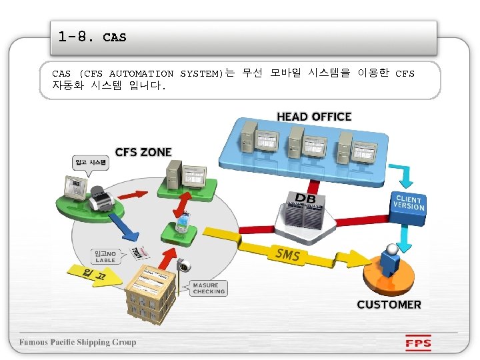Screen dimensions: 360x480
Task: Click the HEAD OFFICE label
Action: pyautogui.click(x=314, y=117)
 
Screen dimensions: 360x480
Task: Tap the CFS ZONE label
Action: pyautogui.click(x=143, y=152)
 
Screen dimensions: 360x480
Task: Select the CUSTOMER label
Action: pyautogui.click(x=389, y=305)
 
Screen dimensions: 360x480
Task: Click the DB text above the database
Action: pyautogui.click(x=306, y=198)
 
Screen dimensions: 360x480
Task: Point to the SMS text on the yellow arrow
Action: pyautogui.click(x=287, y=255)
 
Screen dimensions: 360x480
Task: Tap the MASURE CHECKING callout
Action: pyautogui.click(x=209, y=288)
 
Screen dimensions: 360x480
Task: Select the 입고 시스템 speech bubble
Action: pyautogui.click(x=89, y=162)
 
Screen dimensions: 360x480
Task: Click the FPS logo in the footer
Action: pyautogui.click(x=419, y=345)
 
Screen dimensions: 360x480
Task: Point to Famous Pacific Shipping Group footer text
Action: pyautogui.click(x=77, y=343)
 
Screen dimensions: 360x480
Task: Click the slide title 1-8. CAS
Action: pyautogui.click(x=92, y=37)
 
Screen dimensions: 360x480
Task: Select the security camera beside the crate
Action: pyautogui.click(x=182, y=266)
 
